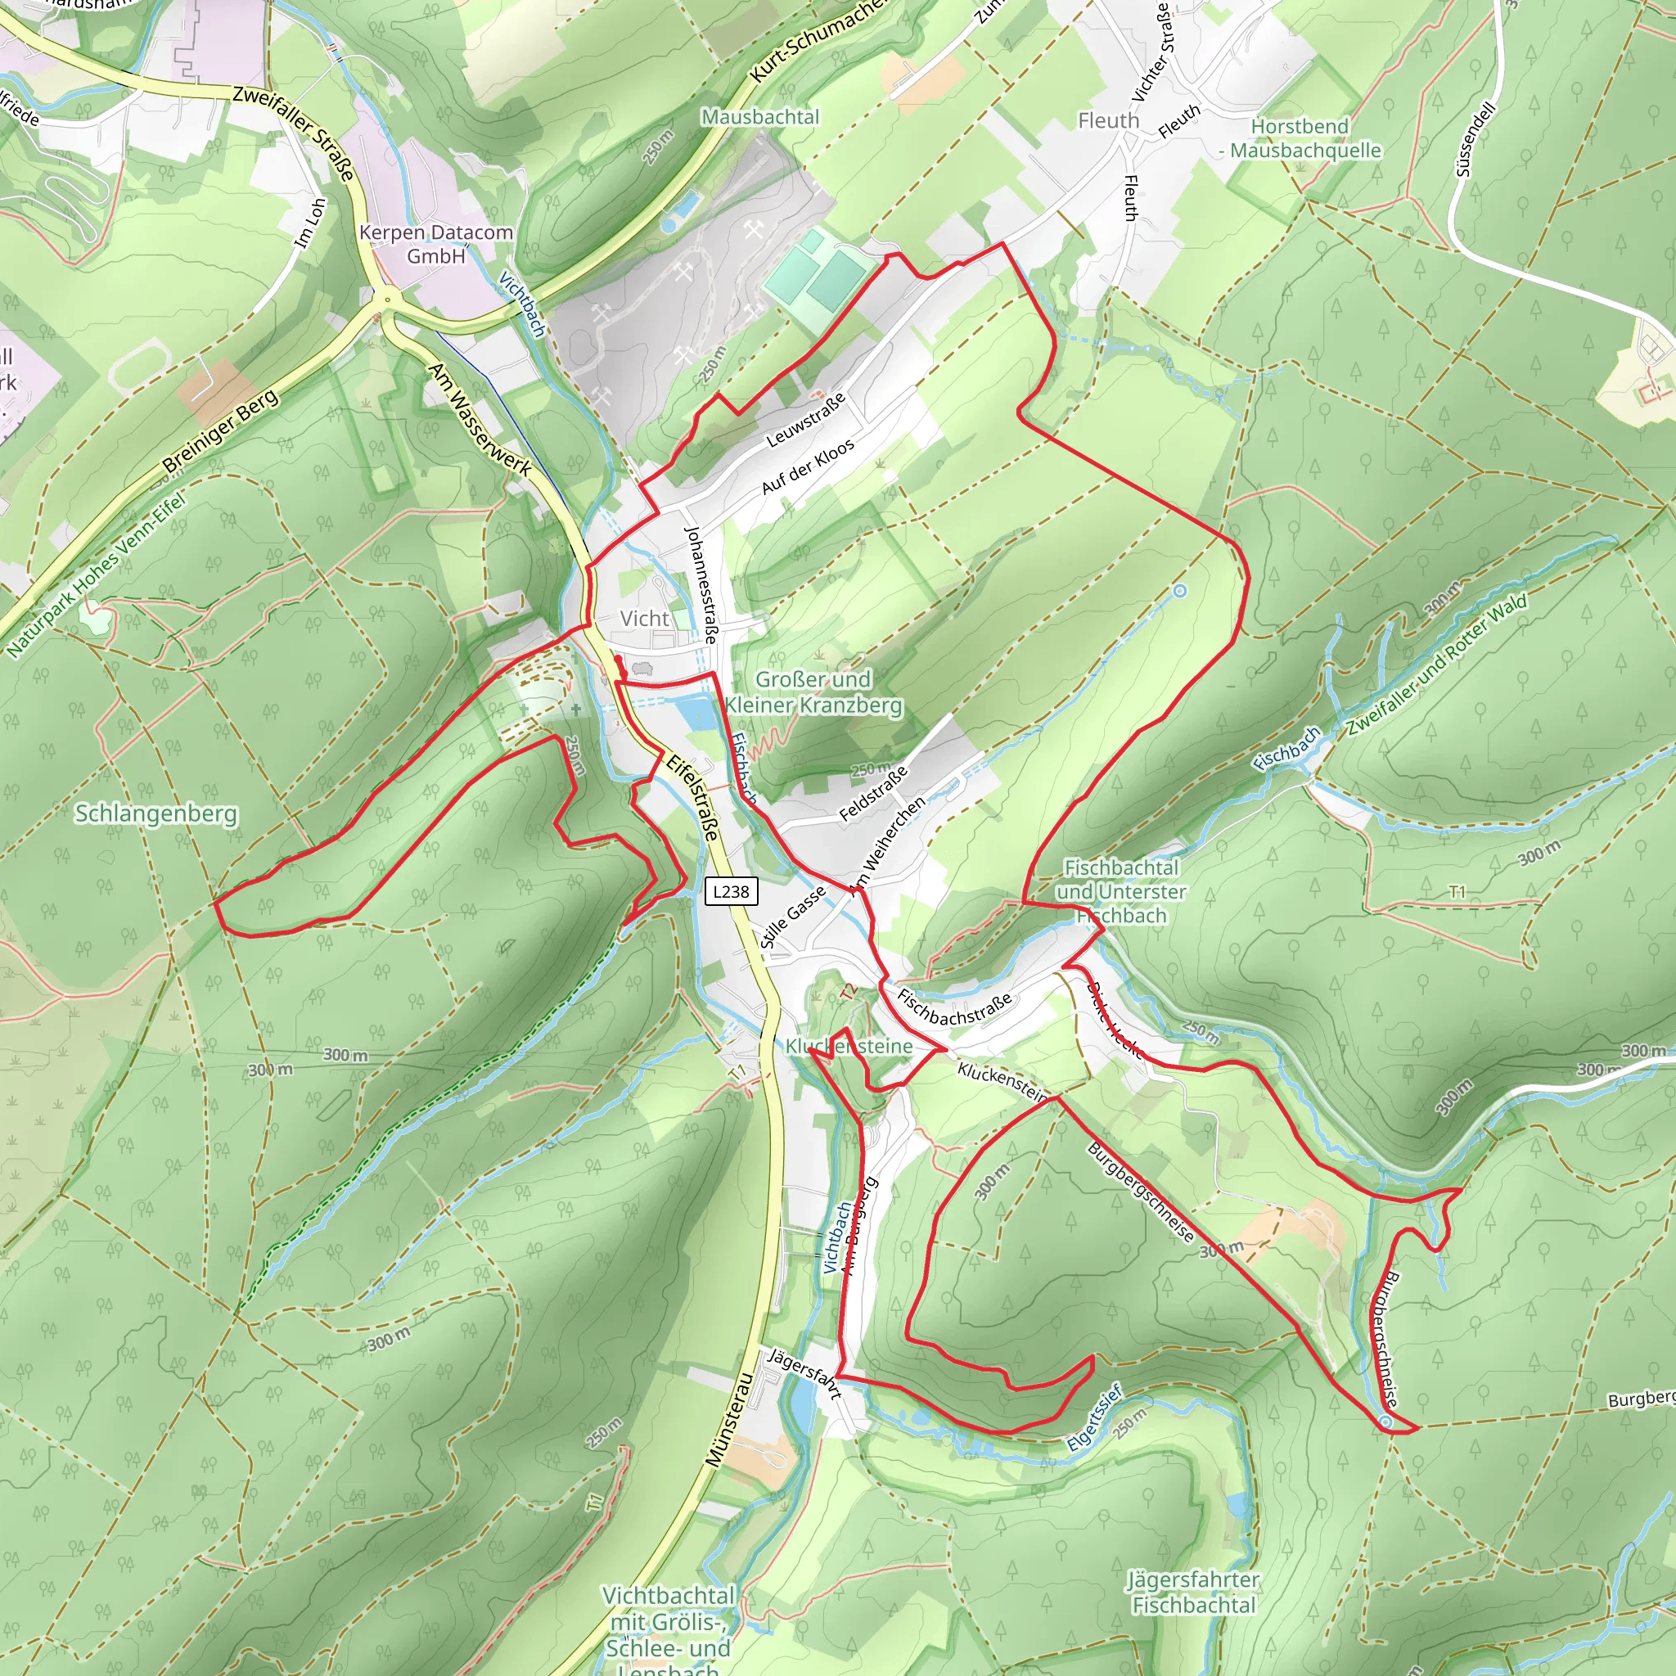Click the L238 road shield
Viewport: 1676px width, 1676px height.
click(732, 891)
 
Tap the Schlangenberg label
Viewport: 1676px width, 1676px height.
click(155, 813)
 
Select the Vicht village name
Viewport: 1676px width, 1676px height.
click(645, 619)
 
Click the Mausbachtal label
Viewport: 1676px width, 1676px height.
click(760, 116)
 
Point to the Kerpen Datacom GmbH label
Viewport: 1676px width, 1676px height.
click(436, 244)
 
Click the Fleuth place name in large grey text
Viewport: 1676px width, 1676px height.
click(1108, 120)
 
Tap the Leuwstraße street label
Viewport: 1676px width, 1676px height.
click(805, 420)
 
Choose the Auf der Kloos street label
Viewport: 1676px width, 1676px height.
click(808, 466)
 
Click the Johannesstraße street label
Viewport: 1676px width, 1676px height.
click(701, 583)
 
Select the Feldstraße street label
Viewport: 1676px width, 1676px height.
click(873, 794)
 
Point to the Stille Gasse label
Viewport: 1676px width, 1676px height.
click(792, 917)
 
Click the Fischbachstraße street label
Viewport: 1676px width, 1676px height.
click(954, 1008)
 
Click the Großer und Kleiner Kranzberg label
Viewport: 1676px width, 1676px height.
click(813, 692)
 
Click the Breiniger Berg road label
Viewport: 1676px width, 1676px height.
click(220, 431)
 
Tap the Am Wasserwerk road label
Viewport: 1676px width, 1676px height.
click(479, 419)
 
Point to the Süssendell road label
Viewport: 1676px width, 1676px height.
click(1476, 140)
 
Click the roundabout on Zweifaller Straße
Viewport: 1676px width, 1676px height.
click(387, 300)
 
